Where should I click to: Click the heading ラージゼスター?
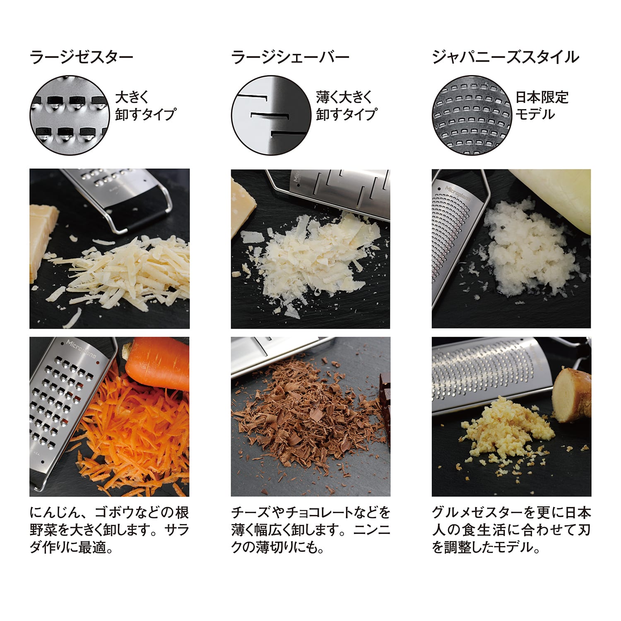click(x=82, y=57)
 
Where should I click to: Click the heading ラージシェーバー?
click(x=290, y=57)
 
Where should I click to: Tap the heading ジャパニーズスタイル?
click(x=505, y=57)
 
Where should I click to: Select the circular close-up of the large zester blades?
click(x=69, y=115)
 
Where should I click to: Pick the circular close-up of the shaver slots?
click(x=270, y=115)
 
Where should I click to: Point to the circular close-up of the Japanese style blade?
click(x=471, y=115)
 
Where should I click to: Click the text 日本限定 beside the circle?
click(x=542, y=97)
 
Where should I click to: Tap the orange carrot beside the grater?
click(x=157, y=362)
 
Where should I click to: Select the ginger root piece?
click(x=573, y=393)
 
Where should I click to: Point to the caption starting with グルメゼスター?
click(x=511, y=530)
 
